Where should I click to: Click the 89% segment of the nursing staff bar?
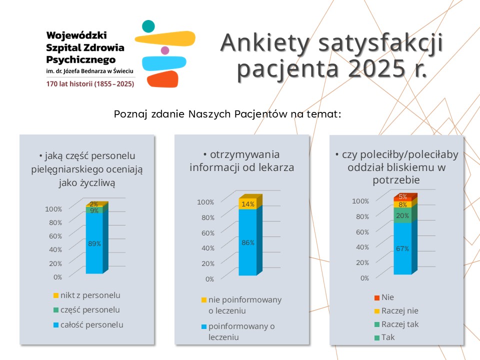click(x=94, y=243)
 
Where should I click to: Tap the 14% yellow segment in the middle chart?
click(x=248, y=203)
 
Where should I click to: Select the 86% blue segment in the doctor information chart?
click(x=248, y=242)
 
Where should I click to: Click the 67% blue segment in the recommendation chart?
click(x=402, y=248)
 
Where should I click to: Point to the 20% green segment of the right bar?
click(x=402, y=215)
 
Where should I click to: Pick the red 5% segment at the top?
click(x=402, y=197)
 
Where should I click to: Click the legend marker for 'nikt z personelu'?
click(x=56, y=295)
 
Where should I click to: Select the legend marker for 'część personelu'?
click(x=56, y=310)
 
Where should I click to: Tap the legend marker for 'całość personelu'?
click(x=56, y=325)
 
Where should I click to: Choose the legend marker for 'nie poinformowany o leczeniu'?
click(x=203, y=300)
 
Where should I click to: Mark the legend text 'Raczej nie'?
click(x=399, y=310)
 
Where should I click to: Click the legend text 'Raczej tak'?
click(x=400, y=324)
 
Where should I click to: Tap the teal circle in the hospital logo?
click(x=148, y=26)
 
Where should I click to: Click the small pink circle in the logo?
click(x=165, y=50)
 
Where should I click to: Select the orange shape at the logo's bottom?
click(x=162, y=79)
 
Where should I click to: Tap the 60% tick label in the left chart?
click(x=55, y=236)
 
